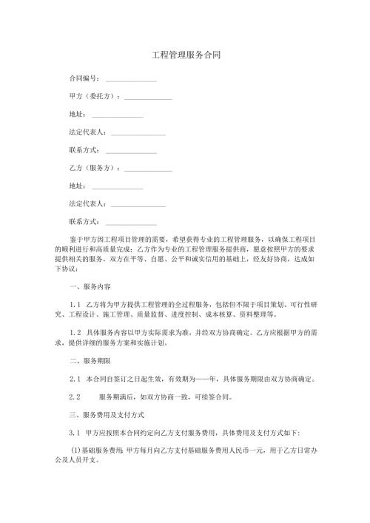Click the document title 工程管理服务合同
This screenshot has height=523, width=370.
click(x=185, y=55)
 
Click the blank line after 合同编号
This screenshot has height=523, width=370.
click(x=131, y=80)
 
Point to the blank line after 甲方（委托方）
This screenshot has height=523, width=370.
click(x=148, y=98)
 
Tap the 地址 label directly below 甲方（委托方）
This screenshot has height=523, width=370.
click(x=76, y=114)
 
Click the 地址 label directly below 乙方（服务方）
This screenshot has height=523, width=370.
click(x=76, y=186)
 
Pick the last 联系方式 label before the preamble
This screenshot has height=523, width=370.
click(x=83, y=221)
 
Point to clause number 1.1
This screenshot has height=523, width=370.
click(x=74, y=304)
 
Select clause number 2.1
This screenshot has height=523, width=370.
click(x=74, y=379)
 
